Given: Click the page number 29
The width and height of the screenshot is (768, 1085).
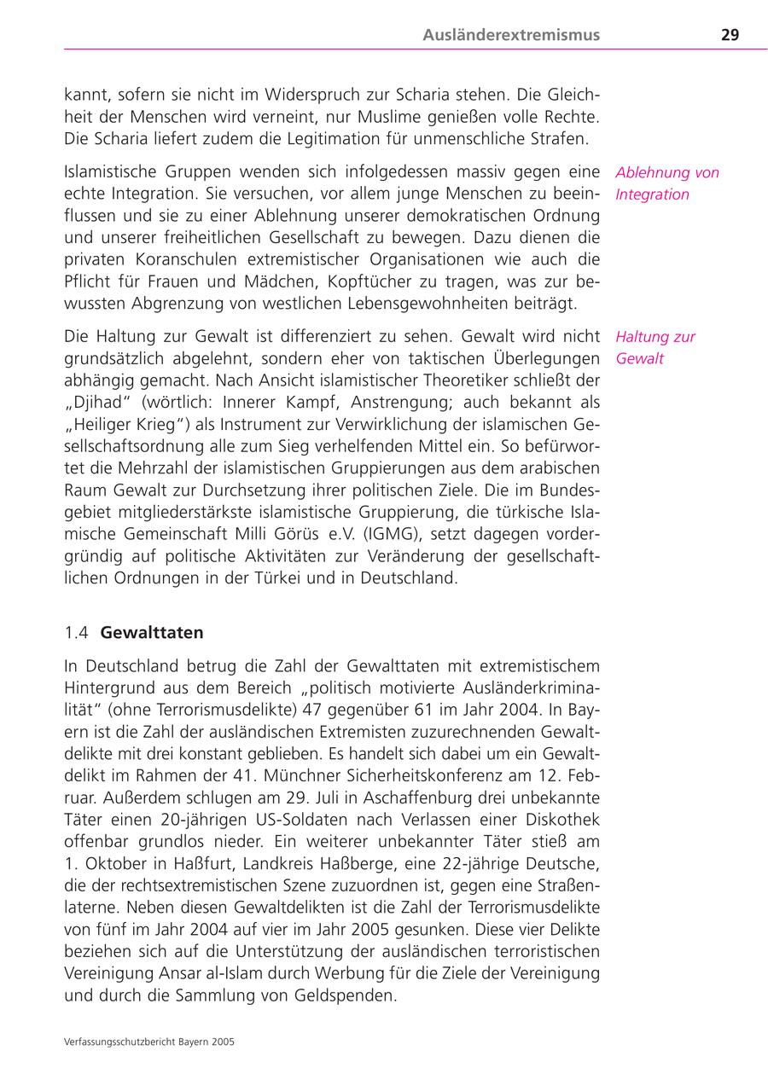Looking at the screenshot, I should click(730, 35).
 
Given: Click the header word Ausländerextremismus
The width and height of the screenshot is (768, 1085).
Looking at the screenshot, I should click(510, 35).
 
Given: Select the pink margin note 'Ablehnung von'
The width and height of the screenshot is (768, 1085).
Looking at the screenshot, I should click(667, 172).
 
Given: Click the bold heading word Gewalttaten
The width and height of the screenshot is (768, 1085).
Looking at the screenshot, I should click(152, 633).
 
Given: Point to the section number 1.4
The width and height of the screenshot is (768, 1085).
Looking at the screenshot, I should click(77, 633).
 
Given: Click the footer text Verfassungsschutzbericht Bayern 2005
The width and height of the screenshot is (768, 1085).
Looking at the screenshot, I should click(149, 1042).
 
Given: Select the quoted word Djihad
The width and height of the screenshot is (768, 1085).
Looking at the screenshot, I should click(99, 402).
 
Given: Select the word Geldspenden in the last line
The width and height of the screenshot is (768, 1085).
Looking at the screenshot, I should click(352, 995).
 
